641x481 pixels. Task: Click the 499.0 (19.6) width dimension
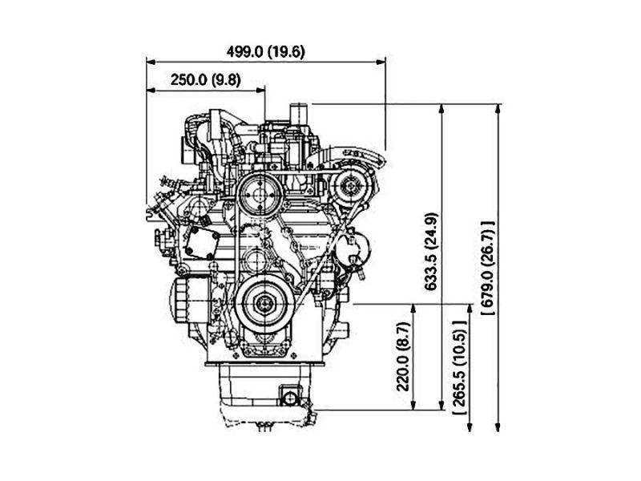pyautogui.click(x=266, y=52)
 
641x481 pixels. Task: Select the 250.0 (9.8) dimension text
pyautogui.click(x=206, y=79)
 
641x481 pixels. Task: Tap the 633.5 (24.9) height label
pyautogui.click(x=431, y=251)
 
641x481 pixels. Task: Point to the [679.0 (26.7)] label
pyautogui.click(x=488, y=269)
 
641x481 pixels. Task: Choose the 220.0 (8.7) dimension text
pyautogui.click(x=404, y=356)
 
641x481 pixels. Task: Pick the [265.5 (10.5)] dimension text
pyautogui.click(x=460, y=368)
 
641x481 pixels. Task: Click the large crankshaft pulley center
pyautogui.click(x=264, y=304)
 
